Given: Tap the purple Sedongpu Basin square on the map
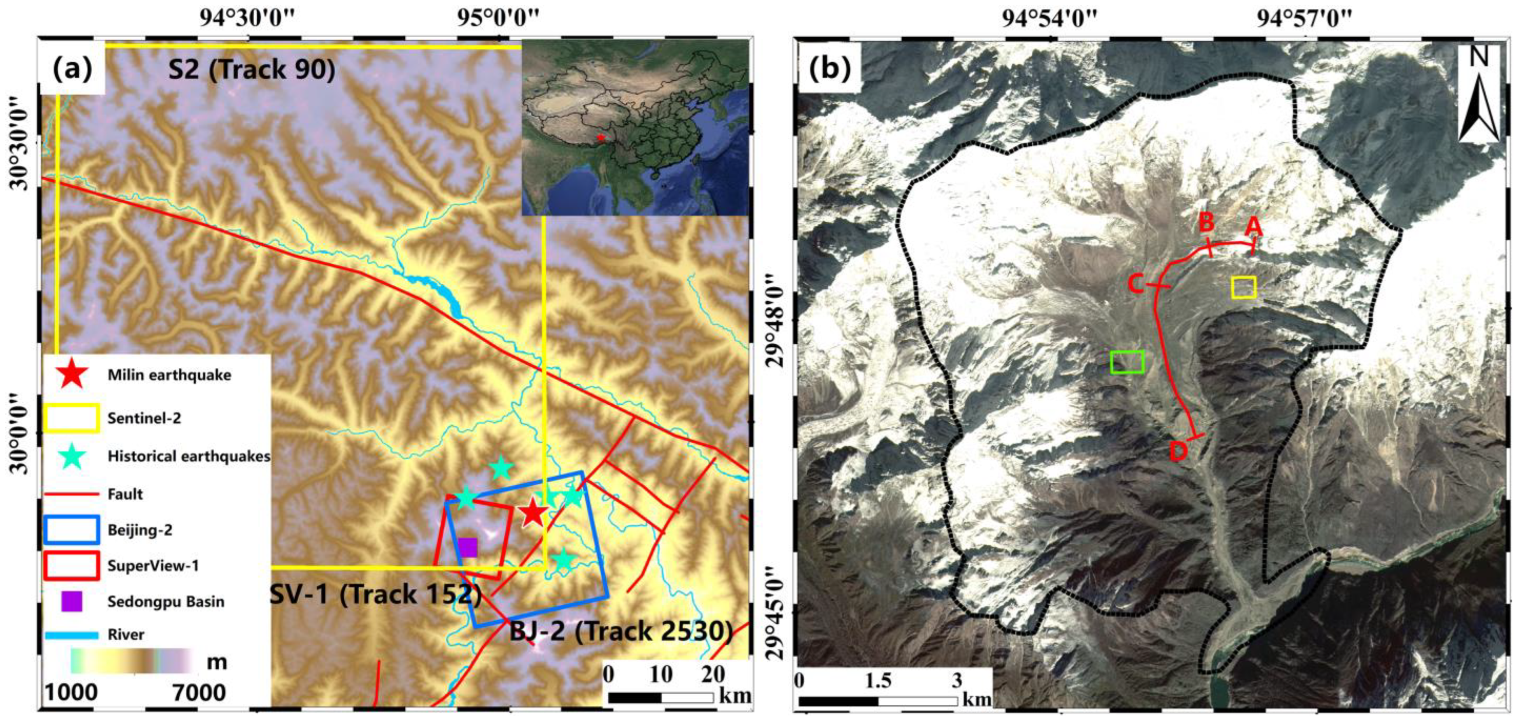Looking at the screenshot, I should click(467, 548).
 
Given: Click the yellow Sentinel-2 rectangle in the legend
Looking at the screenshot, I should click(72, 419).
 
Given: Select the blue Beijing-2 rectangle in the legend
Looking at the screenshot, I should click(72, 530).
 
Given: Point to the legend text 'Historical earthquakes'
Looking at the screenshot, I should click(188, 456).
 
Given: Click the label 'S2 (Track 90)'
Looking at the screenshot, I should click(252, 70).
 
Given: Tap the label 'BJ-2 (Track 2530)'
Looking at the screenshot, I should click(621, 632).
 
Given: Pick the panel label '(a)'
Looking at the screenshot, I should click(72, 69).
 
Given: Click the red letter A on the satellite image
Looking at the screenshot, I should click(1254, 225).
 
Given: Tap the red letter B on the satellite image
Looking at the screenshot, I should click(1206, 223).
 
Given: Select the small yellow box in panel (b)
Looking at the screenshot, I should click(1244, 287).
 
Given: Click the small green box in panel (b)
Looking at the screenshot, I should click(1127, 362).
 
